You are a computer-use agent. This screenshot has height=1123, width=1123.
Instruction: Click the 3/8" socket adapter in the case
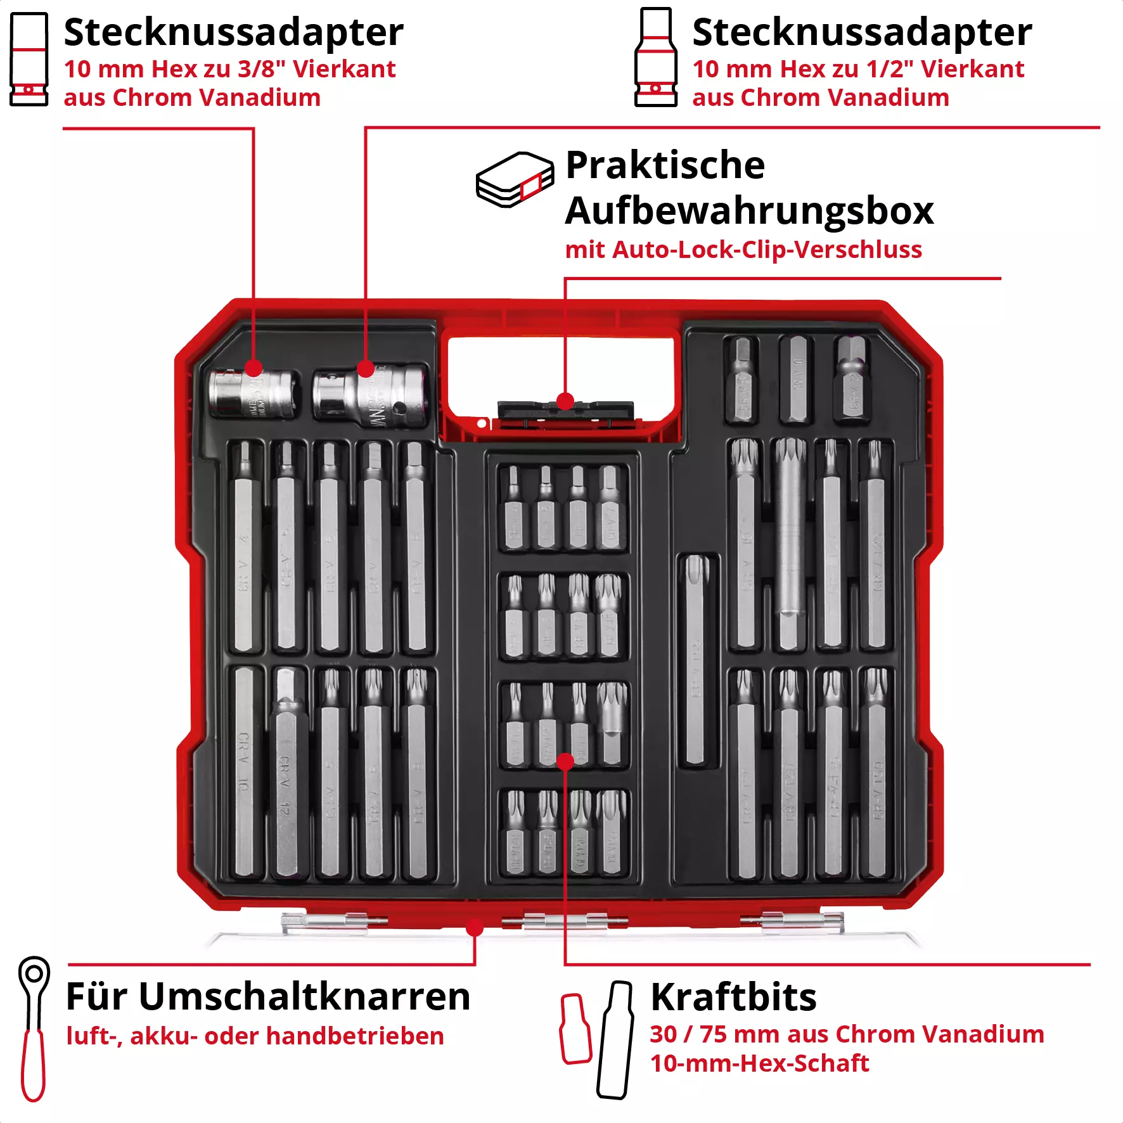click(x=253, y=394)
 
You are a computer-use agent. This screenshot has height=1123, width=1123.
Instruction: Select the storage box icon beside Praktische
click(x=515, y=179)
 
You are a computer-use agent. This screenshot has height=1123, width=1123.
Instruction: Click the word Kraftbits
click(x=733, y=998)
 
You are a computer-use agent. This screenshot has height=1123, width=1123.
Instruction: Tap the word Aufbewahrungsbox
click(x=749, y=210)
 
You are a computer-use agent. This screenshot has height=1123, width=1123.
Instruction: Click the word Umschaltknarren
click(x=304, y=996)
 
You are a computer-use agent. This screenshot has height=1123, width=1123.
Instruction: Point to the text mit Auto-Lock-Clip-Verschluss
click(x=743, y=250)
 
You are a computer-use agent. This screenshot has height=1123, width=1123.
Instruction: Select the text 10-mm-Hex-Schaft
click(x=759, y=1063)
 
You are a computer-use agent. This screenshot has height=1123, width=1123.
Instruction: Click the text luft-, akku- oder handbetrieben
click(x=255, y=1036)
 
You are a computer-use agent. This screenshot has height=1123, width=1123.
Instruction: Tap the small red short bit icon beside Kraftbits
click(x=575, y=1029)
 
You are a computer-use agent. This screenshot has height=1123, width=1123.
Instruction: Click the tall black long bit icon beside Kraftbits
click(x=615, y=1040)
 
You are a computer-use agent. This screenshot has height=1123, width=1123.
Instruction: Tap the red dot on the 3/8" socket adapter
click(x=253, y=368)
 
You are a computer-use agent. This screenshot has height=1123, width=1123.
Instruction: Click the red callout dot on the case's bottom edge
click(x=475, y=928)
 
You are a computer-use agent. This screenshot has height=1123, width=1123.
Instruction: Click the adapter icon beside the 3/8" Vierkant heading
click(x=29, y=60)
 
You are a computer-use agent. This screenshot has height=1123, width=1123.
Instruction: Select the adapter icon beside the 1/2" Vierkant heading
click(x=656, y=58)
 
